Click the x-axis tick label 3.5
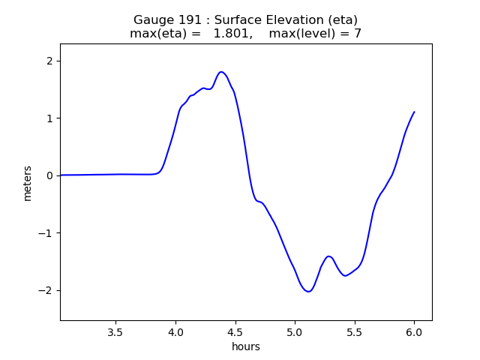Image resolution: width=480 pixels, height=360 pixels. coord(115,331)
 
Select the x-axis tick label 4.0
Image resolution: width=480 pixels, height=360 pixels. coord(175,331)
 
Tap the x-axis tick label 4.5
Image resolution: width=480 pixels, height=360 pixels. coord(235,331)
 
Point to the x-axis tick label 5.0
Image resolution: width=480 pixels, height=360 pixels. coord(295,331)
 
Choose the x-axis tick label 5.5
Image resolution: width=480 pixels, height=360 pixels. coord(354,331)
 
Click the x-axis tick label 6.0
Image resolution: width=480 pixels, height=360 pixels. coord(414,331)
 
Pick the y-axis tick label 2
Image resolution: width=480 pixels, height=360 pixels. coord(49,61)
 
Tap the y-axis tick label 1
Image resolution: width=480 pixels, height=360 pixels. coord(49,118)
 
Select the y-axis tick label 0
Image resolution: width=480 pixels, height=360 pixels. coord(49,175)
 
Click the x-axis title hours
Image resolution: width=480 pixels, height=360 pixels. coord(246,346)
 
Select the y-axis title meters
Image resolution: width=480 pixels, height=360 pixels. coord(28,183)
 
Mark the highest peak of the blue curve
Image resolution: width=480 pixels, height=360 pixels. coord(221,72)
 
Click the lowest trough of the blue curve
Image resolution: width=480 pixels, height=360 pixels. coord(308,291)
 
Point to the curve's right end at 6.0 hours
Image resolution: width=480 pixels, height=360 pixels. coord(414,112)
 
